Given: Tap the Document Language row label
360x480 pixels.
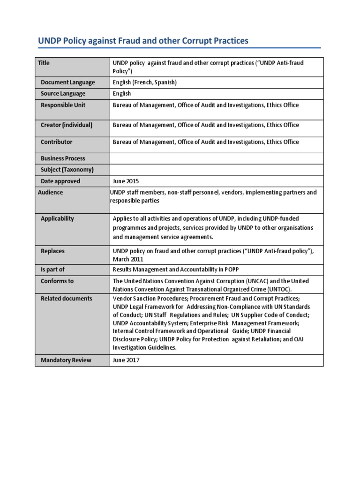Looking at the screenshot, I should click(x=67, y=82).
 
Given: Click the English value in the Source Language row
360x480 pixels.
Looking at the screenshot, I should click(x=122, y=94).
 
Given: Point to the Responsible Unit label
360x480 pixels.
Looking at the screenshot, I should click(x=63, y=105).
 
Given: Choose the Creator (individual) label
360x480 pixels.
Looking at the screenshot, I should click(x=67, y=125).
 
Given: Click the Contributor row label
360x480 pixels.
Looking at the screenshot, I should click(x=56, y=142).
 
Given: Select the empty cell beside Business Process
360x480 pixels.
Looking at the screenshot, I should click(x=216, y=158).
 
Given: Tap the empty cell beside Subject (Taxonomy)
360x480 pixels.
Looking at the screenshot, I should click(x=216, y=170).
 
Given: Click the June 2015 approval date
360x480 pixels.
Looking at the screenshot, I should click(x=126, y=181).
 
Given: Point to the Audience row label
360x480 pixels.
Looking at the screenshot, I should click(x=50, y=192).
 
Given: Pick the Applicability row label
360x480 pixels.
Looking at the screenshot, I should click(x=57, y=219).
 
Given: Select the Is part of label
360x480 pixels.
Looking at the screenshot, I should click(x=52, y=270).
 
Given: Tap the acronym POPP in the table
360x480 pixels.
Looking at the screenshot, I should click(x=237, y=270).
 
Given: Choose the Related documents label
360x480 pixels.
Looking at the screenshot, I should click(x=66, y=299).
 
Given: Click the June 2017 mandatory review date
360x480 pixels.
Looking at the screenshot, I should click(x=126, y=360).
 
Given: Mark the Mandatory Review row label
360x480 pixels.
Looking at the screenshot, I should click(x=66, y=360).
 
